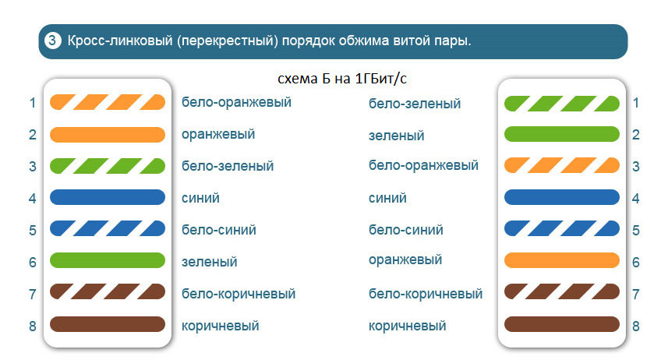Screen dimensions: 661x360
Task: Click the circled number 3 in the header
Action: click(x=53, y=41)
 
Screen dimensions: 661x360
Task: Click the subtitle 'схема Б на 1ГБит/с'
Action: click(x=342, y=79)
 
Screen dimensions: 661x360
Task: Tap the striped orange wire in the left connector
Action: click(x=108, y=102)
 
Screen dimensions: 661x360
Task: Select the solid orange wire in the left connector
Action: click(x=108, y=135)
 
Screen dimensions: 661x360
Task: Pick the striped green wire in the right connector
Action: click(x=561, y=104)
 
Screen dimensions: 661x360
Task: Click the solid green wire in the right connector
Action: click(x=561, y=134)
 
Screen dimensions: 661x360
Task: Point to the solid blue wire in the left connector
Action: click(x=108, y=197)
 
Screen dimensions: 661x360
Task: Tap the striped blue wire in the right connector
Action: click(x=561, y=228)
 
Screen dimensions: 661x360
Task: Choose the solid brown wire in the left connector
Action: click(x=108, y=324)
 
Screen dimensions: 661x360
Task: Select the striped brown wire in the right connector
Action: click(x=561, y=291)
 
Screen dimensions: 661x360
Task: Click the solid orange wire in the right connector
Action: click(x=561, y=260)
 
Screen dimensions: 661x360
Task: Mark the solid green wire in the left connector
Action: click(x=108, y=260)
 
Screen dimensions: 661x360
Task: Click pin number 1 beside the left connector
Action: click(x=33, y=103)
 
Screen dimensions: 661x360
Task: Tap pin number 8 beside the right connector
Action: click(x=636, y=326)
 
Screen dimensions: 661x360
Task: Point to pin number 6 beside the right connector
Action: click(x=636, y=262)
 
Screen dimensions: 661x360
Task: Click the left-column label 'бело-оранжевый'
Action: click(x=236, y=102)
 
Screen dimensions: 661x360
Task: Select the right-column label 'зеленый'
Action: click(x=396, y=136)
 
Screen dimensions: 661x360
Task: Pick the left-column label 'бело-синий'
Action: click(x=219, y=230)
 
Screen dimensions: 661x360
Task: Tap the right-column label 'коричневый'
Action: click(x=407, y=326)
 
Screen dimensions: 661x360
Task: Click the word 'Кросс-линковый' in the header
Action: click(x=120, y=41)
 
